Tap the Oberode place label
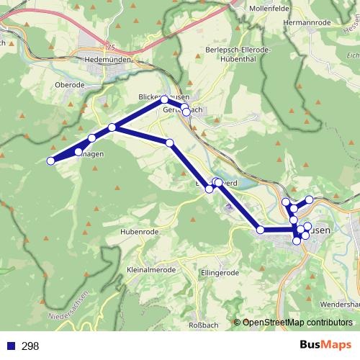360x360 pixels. coord(70,84)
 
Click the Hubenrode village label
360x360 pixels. coord(140,231)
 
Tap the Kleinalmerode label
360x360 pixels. coord(151,270)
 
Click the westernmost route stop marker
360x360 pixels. coord(51,161)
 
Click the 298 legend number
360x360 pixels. coord(30,346)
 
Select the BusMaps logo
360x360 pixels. coord(323,346)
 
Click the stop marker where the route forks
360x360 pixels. coord(112,127)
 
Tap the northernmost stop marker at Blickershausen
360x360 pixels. coord(164,99)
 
